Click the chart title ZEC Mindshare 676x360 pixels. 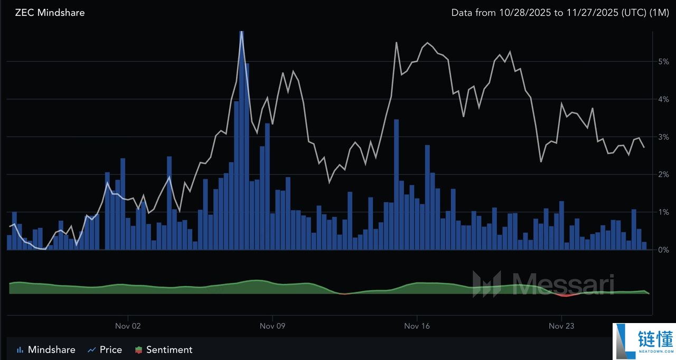click(50, 13)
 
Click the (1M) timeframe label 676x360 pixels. click(660, 13)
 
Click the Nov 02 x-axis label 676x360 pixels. click(128, 326)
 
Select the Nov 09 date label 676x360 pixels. click(273, 326)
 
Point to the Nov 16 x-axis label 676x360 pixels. click(417, 326)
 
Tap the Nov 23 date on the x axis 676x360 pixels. click(562, 326)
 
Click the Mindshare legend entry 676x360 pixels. click(46, 349)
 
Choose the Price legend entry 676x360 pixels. click(105, 349)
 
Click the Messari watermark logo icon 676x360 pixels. click(486, 284)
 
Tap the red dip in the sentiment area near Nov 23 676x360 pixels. click(566, 295)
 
